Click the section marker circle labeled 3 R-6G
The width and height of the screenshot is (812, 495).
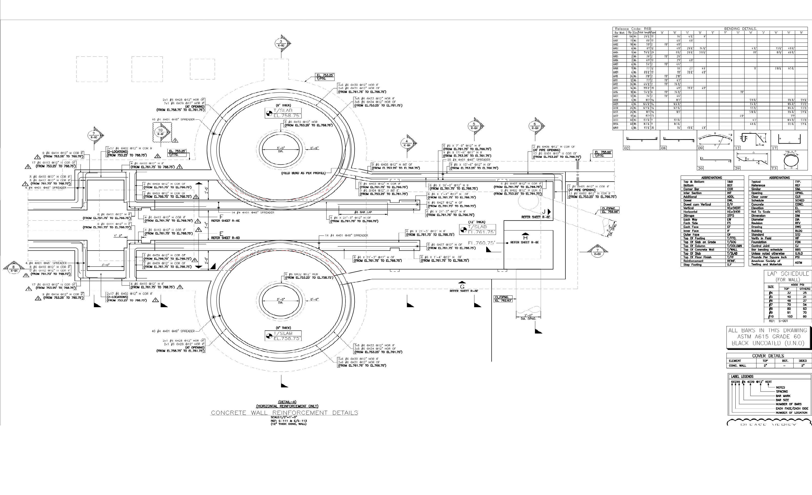(x=281, y=43)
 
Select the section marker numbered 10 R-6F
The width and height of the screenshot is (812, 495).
(x=160, y=132)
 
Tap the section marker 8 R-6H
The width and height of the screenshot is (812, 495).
(x=14, y=269)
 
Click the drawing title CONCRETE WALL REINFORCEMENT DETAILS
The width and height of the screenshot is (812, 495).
(x=285, y=413)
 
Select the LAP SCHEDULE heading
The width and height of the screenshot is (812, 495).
(x=788, y=274)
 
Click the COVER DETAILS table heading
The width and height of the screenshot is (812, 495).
(x=768, y=356)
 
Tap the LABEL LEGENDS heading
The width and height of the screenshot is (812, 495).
(x=742, y=376)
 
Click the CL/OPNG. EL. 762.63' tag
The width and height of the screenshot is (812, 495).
(x=503, y=299)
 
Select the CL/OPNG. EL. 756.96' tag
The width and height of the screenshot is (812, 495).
(x=610, y=210)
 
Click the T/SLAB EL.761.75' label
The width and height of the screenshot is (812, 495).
(x=478, y=229)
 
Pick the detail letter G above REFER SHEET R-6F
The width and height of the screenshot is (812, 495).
(x=462, y=287)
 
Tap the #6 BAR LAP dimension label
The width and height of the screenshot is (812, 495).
(x=363, y=212)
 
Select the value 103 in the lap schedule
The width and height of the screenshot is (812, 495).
(x=790, y=316)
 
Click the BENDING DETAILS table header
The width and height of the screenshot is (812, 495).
(x=740, y=29)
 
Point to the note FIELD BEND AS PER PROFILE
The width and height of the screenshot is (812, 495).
(x=303, y=173)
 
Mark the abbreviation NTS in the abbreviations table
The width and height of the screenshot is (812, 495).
(x=797, y=212)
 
